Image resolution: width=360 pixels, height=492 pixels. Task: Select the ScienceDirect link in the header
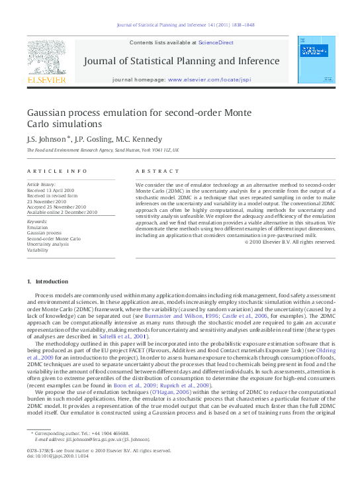(x=216, y=42)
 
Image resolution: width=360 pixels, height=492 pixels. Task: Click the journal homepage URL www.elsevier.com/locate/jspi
(x=210, y=79)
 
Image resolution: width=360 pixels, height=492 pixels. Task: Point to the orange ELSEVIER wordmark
(x=46, y=80)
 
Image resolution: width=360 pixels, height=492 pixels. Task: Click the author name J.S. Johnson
(x=45, y=139)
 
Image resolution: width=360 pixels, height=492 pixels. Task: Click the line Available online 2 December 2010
(x=62, y=213)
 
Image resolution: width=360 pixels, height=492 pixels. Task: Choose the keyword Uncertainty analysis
(x=47, y=244)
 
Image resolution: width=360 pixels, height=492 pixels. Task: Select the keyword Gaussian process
(x=44, y=233)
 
